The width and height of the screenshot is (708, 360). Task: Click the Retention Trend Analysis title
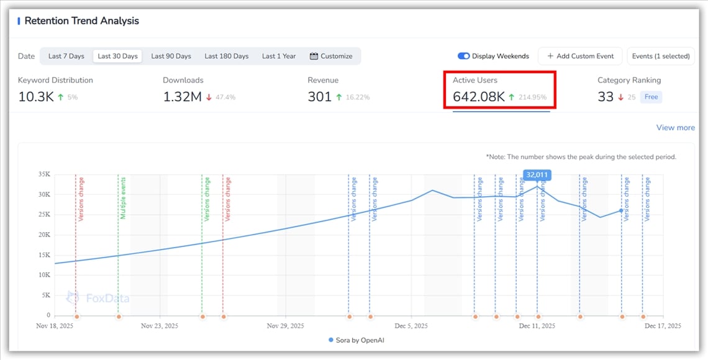click(81, 21)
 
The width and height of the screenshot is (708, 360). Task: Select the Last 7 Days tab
click(66, 56)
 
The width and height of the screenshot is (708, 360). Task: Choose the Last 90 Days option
click(171, 56)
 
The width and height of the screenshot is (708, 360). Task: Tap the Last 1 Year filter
click(279, 56)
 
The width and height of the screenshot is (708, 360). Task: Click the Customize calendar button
click(331, 56)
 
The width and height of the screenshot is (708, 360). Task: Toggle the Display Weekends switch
click(464, 56)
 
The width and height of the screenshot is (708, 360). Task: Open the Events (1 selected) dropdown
click(661, 56)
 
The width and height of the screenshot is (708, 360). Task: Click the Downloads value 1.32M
click(182, 97)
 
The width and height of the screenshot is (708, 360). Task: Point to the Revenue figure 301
click(319, 97)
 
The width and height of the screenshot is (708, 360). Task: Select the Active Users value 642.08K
click(478, 97)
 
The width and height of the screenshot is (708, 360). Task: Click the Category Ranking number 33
click(606, 97)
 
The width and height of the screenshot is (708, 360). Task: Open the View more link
click(675, 128)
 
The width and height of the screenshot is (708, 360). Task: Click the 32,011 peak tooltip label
click(536, 175)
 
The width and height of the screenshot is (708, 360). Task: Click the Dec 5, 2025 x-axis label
click(411, 326)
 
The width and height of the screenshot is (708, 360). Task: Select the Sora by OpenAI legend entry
click(356, 340)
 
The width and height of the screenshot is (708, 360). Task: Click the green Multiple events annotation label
click(123, 199)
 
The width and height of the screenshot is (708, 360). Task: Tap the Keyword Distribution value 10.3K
click(35, 97)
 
